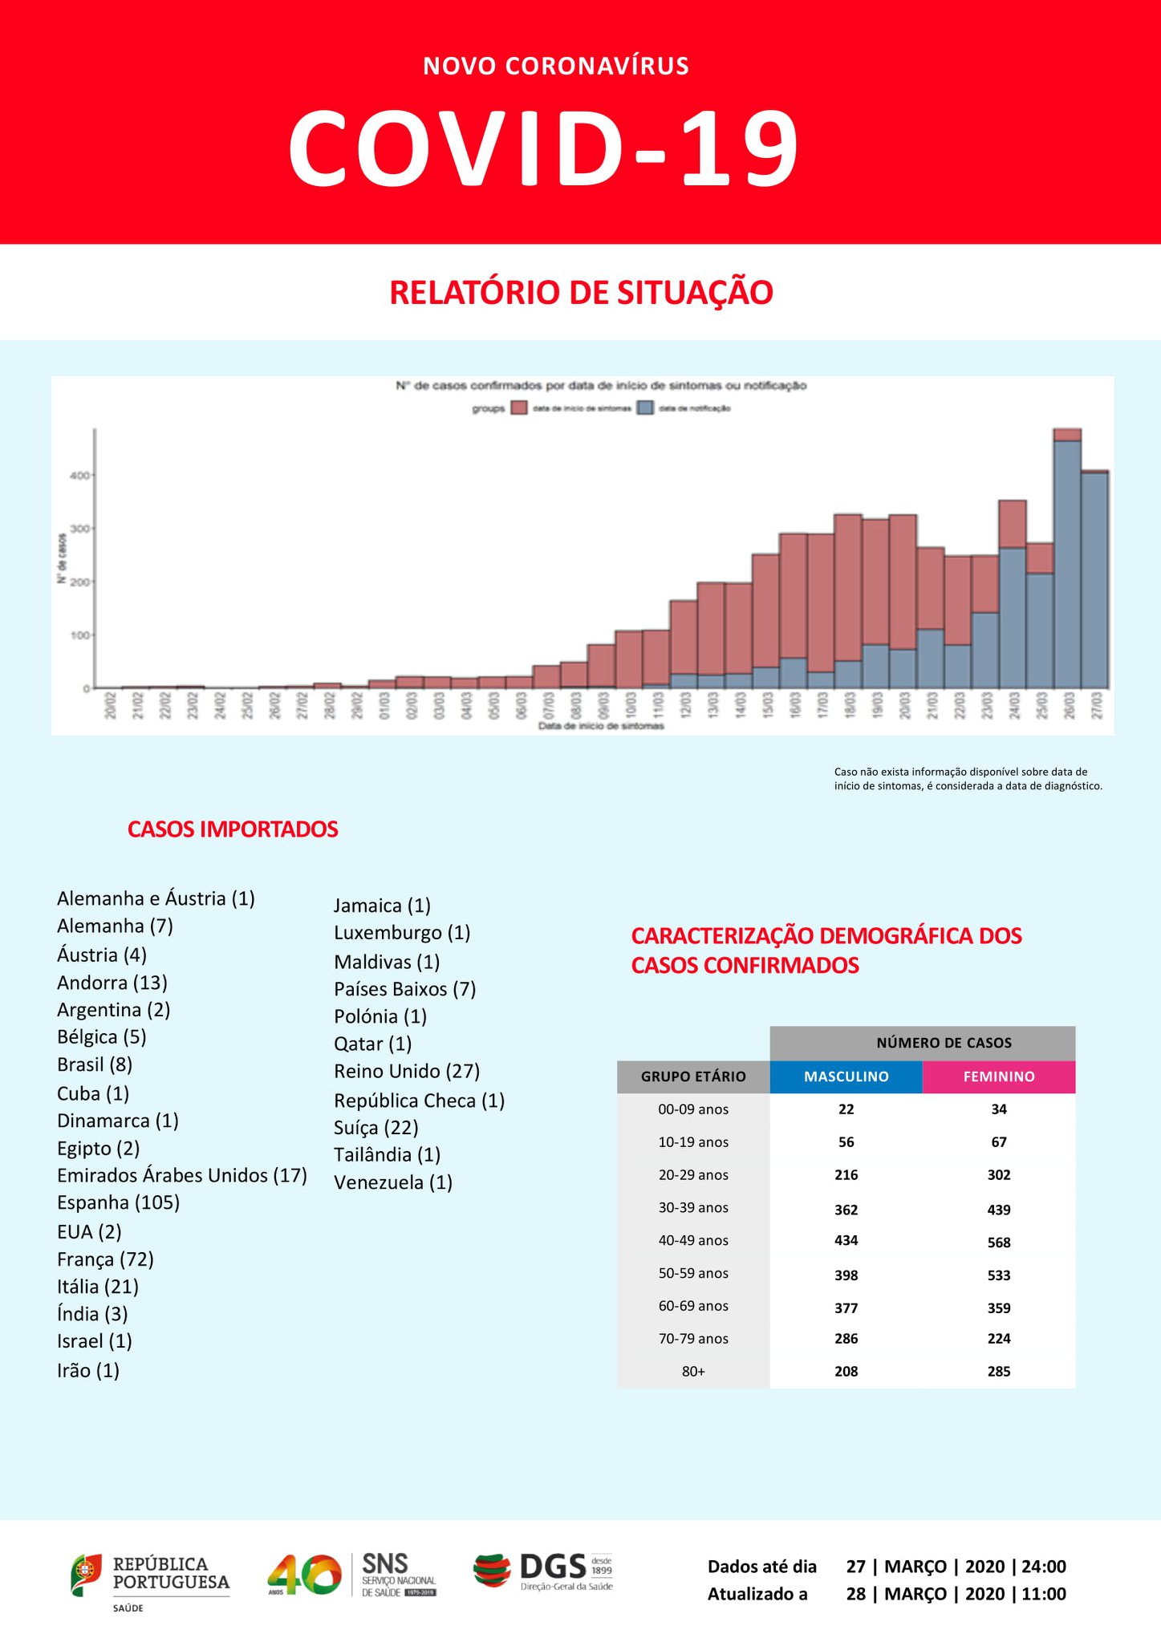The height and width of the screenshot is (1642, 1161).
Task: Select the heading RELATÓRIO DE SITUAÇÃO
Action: click(x=581, y=292)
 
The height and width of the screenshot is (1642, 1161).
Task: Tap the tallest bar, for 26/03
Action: click(x=1067, y=562)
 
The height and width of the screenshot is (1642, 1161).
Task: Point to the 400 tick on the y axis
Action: click(x=79, y=476)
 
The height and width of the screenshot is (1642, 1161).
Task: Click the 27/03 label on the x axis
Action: click(x=1096, y=706)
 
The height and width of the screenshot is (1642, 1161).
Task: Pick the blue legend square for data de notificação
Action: click(x=645, y=408)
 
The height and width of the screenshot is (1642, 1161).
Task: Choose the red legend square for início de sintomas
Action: click(x=519, y=408)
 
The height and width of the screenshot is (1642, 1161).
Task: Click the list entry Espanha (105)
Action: click(x=118, y=1202)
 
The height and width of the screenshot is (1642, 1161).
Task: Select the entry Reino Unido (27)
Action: click(x=407, y=1072)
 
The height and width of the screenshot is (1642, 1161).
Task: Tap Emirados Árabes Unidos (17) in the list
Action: click(x=182, y=1175)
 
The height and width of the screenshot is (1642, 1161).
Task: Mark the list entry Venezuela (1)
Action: click(x=393, y=1182)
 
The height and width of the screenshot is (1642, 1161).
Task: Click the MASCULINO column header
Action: click(x=846, y=1076)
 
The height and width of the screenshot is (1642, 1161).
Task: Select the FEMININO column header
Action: click(x=999, y=1076)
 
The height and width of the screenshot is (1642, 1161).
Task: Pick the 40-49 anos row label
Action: click(x=693, y=1240)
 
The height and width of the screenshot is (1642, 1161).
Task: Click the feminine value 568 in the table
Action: click(x=999, y=1243)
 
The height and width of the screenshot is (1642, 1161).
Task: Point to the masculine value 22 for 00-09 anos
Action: click(x=846, y=1109)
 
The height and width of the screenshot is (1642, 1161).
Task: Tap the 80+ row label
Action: click(x=693, y=1372)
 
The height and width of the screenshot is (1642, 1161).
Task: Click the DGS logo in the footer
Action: click(x=543, y=1571)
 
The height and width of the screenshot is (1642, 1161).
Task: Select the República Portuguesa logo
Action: click(x=151, y=1576)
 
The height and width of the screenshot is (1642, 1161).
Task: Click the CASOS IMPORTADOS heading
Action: click(x=233, y=829)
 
